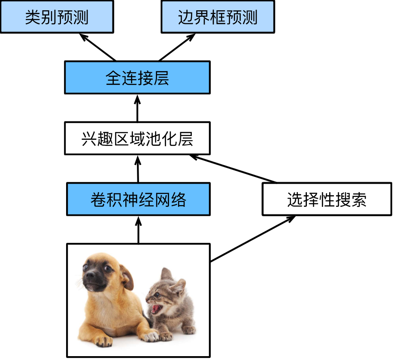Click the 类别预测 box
57,17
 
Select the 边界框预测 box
218,17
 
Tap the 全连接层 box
137,78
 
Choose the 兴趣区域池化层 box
137,139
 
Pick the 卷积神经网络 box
138,200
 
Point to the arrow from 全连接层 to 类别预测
98,48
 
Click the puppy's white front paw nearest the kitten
150,337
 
